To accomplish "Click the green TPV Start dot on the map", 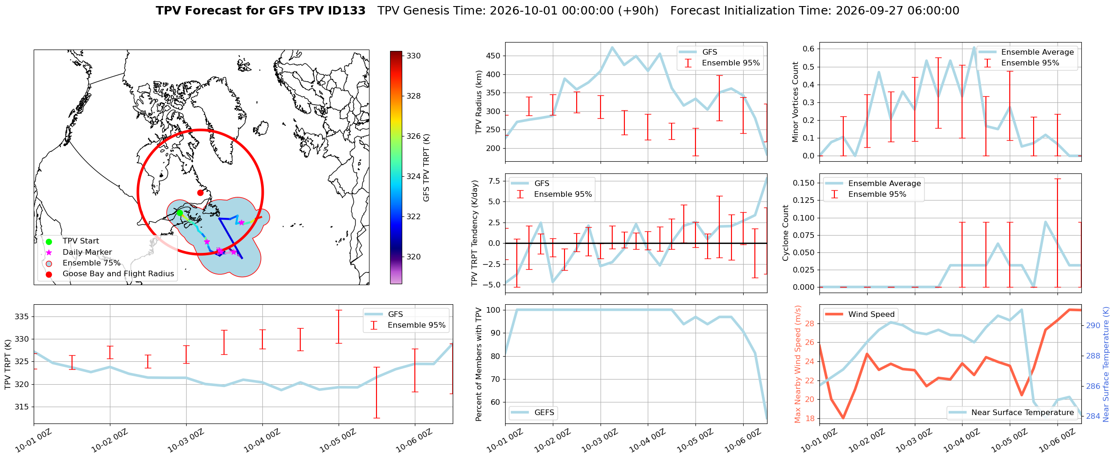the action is (180, 213).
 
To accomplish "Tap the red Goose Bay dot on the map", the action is (200, 193).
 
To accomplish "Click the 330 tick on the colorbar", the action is (413, 56).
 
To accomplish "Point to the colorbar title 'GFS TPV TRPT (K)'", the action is (426, 168).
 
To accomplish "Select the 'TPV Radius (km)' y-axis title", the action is (478, 102).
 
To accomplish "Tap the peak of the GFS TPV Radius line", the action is (612, 47).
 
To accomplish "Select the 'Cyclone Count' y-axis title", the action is (785, 233).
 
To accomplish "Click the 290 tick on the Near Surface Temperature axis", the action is (1093, 325).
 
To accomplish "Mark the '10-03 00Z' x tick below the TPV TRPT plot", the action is (186, 440).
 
